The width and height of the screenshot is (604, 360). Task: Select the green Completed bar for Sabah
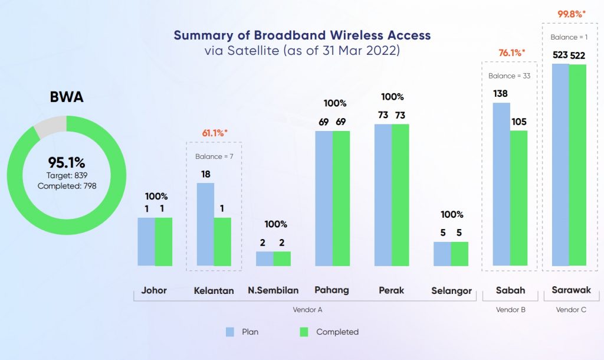click(x=518, y=198)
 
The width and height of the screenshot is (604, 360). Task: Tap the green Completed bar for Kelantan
click(x=222, y=241)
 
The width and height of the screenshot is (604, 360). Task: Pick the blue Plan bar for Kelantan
click(x=205, y=224)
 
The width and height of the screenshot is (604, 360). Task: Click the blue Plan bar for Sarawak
click(x=560, y=165)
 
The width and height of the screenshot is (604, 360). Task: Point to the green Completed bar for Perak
click(x=400, y=195)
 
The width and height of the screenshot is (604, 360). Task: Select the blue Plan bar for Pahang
click(x=324, y=198)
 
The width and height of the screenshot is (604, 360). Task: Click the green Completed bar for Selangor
click(x=459, y=254)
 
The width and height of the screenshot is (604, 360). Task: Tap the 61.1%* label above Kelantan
click(x=213, y=133)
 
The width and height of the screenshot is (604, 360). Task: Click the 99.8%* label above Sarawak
click(x=572, y=12)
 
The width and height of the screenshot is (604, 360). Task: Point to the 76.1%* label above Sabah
click(x=511, y=53)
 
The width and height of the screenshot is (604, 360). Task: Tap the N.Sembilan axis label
click(x=273, y=290)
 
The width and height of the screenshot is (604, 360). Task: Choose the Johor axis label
click(x=154, y=290)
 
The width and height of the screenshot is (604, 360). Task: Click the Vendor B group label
click(x=511, y=309)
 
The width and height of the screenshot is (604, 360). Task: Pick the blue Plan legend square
click(x=231, y=332)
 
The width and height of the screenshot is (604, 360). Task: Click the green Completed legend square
click(x=305, y=332)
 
